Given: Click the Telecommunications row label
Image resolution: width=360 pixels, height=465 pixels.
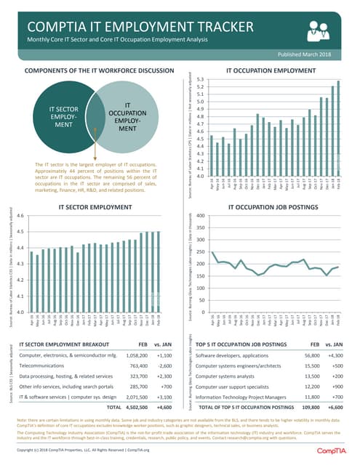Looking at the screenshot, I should [48, 367].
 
